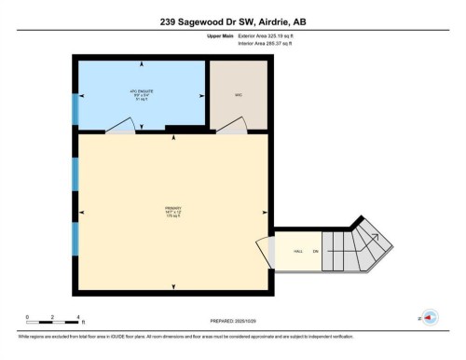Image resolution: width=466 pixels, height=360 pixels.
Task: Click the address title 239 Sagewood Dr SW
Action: [x=233, y=21]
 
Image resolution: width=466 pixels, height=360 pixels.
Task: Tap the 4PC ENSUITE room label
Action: [x=140, y=92]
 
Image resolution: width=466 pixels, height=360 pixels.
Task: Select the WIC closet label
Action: [x=239, y=94]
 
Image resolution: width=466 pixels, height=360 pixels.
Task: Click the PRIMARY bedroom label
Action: [x=172, y=211]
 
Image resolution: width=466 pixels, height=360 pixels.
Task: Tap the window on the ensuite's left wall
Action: [x=75, y=107]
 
